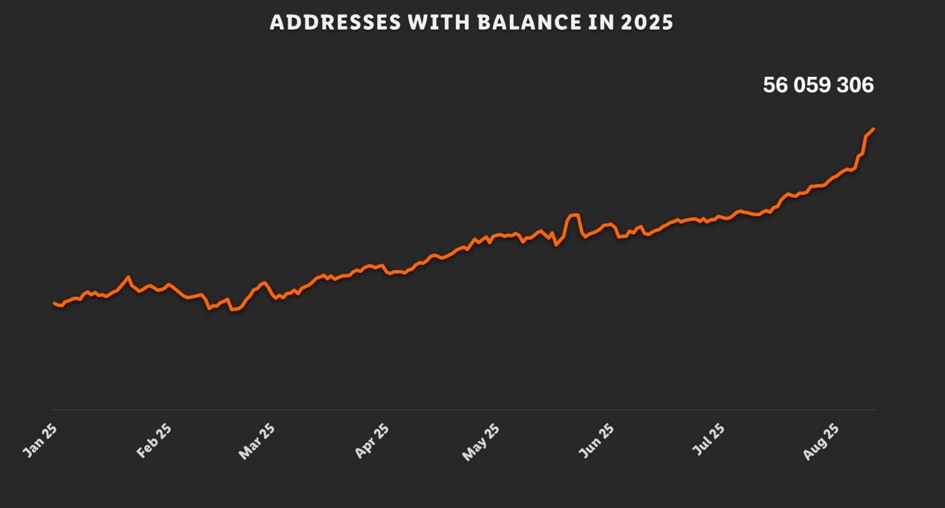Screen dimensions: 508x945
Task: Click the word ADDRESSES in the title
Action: click(x=335, y=22)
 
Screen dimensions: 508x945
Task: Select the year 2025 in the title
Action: click(x=647, y=22)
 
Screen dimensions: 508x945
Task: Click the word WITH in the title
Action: click(x=439, y=22)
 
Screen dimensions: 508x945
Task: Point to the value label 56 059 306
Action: click(x=818, y=85)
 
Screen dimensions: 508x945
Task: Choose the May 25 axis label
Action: click(x=481, y=442)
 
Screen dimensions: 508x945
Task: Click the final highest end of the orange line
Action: click(x=873, y=129)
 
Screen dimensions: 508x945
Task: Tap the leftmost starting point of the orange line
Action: click(x=54, y=303)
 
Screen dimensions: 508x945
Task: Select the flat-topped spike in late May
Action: click(x=573, y=215)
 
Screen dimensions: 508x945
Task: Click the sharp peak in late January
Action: click(x=128, y=277)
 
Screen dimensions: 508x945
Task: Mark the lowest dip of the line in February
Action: click(x=232, y=310)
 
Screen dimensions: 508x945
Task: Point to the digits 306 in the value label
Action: click(x=855, y=85)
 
